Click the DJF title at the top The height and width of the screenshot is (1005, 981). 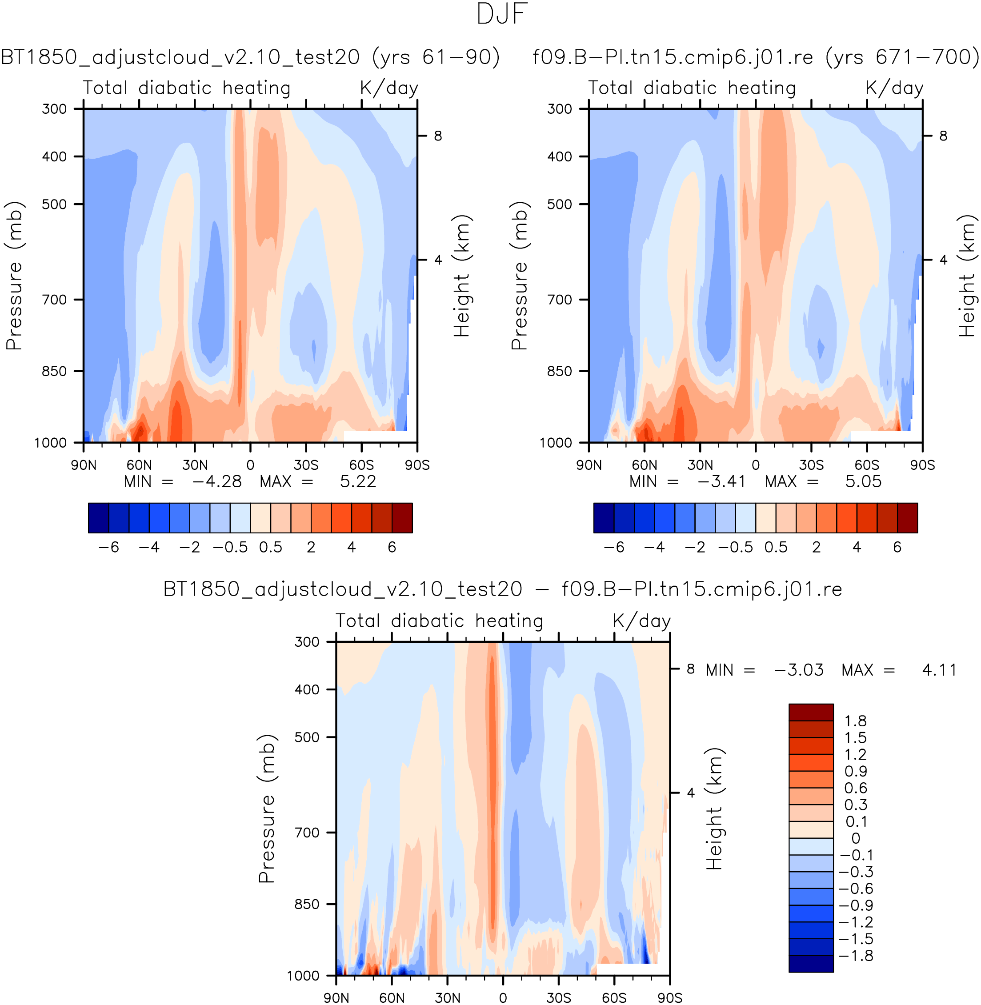tap(502, 14)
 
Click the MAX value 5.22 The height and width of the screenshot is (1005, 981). tap(357, 482)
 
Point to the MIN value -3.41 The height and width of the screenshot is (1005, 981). tap(721, 482)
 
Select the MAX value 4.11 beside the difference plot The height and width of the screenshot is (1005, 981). tap(939, 670)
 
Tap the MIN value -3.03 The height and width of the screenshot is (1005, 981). tap(799, 670)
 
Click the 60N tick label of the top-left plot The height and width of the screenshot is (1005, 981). tap(139, 465)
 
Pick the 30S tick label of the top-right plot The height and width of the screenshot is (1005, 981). tap(811, 465)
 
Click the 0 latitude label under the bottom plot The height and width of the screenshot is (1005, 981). tap(503, 998)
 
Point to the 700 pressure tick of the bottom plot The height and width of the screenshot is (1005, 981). tap(307, 833)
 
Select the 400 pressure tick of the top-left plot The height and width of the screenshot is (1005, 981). tap(55, 156)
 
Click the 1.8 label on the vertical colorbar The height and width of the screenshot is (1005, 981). tap(855, 721)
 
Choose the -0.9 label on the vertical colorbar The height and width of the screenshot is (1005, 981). tap(856, 905)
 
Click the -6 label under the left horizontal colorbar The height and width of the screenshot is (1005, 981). tap(109, 547)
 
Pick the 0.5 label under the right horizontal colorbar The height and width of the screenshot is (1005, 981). tap(776, 547)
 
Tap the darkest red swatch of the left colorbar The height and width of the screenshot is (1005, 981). tap(402, 518)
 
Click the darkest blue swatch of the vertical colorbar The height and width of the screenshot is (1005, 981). tap(811, 964)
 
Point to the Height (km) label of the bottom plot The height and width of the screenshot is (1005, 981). tap(715, 809)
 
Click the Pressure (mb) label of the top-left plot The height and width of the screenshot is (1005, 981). tap(14, 276)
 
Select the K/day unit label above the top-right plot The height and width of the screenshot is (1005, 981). tap(894, 88)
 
